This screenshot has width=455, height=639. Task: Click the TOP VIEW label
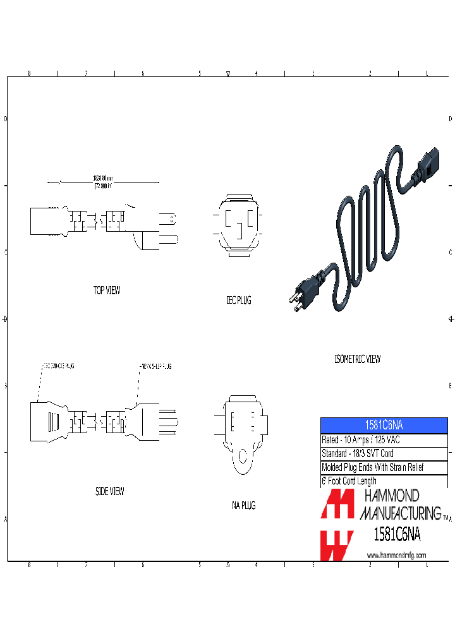[107, 290]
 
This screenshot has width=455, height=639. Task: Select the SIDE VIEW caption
[110, 491]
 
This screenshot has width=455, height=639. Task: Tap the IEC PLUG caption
[239, 301]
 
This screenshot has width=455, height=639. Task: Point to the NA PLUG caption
[243, 505]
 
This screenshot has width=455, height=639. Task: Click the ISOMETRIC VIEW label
[357, 359]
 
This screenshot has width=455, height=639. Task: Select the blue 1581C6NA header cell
[384, 426]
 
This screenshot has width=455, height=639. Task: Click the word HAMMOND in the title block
[389, 496]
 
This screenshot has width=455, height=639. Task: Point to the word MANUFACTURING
[400, 512]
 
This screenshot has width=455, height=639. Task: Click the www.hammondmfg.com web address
[396, 555]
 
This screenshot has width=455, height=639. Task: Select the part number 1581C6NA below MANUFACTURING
[397, 535]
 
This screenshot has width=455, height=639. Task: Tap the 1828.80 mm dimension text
[102, 179]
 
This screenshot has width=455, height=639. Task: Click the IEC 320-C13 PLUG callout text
[58, 366]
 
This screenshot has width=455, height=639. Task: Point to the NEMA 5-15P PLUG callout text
[155, 366]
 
